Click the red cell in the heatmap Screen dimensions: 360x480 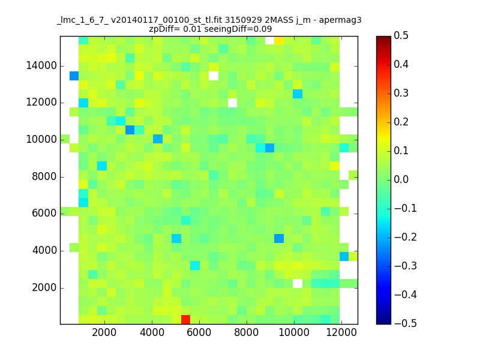click(185, 319)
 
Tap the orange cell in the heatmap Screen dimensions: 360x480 click(279, 40)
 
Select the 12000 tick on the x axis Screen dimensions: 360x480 click(341, 324)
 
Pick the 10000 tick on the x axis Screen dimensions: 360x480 click(293, 324)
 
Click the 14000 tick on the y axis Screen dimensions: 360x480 click(60, 65)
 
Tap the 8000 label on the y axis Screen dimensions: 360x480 click(44, 176)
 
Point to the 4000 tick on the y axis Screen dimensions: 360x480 click(60, 250)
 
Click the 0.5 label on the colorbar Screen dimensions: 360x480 click(401, 36)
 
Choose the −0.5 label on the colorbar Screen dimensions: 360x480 click(399, 323)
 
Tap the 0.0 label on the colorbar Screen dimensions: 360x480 click(401, 179)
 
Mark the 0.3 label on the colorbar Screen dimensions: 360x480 click(401, 93)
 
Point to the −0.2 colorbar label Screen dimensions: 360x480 click(399, 237)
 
